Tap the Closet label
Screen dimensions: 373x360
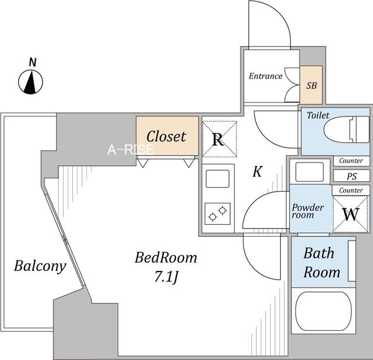pyautogui.click(x=166, y=136)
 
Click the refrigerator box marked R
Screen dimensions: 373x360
pyautogui.click(x=219, y=139)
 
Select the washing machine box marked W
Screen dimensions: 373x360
pyautogui.click(x=351, y=214)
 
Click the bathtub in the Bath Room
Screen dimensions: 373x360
pyautogui.click(x=323, y=311)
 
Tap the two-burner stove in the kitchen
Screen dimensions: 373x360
pyautogui.click(x=217, y=214)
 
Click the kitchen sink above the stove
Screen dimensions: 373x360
pyautogui.click(x=217, y=179)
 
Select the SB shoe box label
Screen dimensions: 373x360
pyautogui.click(x=311, y=86)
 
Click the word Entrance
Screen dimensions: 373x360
pyautogui.click(x=266, y=76)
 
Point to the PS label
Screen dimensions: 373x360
pyautogui.click(x=351, y=177)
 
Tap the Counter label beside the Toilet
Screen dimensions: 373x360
pyautogui.click(x=351, y=161)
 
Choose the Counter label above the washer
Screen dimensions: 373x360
pyautogui.click(x=351, y=190)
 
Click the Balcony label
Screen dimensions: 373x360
pyautogui.click(x=40, y=266)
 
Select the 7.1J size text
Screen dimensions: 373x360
pyautogui.click(x=166, y=277)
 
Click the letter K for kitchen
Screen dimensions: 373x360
pyautogui.click(x=258, y=171)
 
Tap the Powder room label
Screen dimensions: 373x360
pyautogui.click(x=308, y=211)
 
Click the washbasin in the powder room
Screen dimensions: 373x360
pyautogui.click(x=309, y=172)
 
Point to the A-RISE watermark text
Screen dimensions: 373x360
pyautogui.click(x=131, y=150)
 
